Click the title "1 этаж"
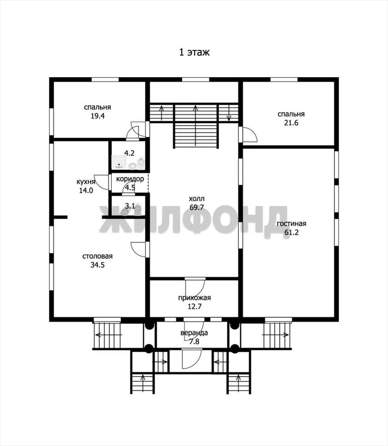click(x=194, y=52)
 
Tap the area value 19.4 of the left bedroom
click(x=97, y=116)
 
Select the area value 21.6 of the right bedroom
click(x=291, y=123)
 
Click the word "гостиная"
click(x=292, y=223)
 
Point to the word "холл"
click(x=197, y=199)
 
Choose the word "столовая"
click(x=97, y=256)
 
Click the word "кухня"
click(x=86, y=182)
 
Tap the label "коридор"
click(x=130, y=179)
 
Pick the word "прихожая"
click(x=194, y=298)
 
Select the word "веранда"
click(x=194, y=333)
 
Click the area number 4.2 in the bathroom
click(x=129, y=153)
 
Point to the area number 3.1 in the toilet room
click(x=130, y=206)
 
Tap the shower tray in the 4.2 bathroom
click(x=119, y=162)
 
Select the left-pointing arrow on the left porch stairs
click(x=109, y=335)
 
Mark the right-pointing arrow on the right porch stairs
click(x=276, y=335)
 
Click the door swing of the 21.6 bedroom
click(x=250, y=135)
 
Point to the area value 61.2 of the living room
click(x=292, y=233)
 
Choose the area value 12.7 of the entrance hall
click(x=194, y=307)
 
